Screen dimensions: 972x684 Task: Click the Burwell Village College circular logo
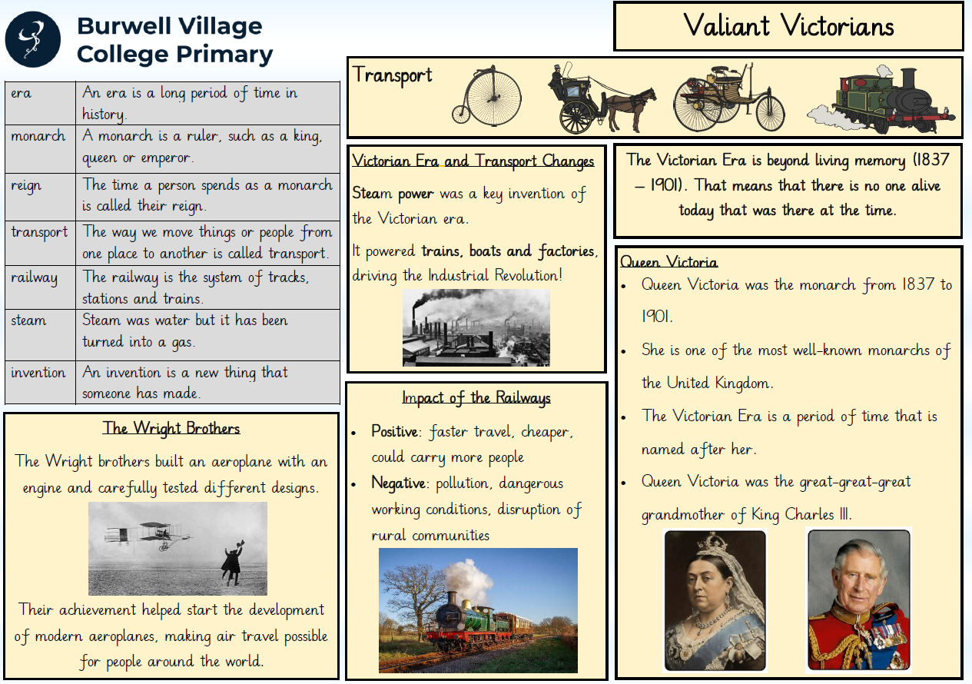33,39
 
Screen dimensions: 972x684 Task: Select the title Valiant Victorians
788,25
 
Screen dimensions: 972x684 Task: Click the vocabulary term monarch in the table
38,136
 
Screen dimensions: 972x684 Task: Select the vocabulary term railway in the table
35,277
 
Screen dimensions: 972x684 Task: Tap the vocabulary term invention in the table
38,373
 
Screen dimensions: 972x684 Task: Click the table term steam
28,320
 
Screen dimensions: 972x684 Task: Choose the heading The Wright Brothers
171,428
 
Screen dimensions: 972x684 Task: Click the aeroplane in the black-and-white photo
148,536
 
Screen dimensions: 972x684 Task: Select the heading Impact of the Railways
476,397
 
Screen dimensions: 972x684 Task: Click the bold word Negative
398,483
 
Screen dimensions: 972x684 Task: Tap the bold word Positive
394,431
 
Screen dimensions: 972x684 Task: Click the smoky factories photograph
476,327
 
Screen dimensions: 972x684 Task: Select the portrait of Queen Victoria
715,601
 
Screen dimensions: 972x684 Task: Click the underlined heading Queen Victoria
668,262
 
